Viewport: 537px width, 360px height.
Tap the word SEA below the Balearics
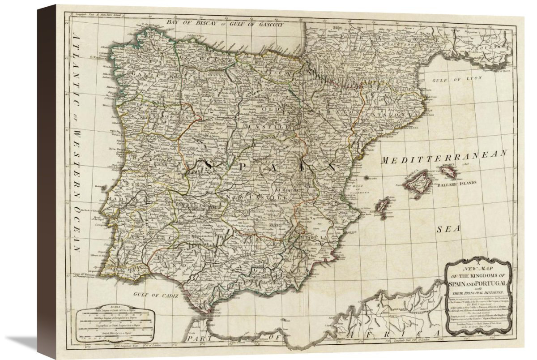coord(449,229)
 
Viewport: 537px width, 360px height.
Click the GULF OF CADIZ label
coord(155,296)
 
